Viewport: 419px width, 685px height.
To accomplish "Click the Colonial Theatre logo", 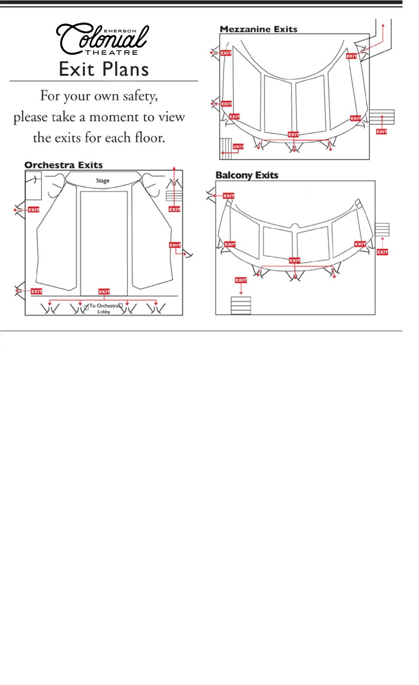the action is tap(104, 40).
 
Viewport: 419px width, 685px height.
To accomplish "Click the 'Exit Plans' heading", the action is tap(104, 69).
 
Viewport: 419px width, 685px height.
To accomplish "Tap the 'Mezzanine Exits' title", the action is tap(259, 29).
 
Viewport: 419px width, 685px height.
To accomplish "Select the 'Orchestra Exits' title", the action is tap(63, 165).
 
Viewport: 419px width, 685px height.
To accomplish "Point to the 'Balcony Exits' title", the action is tap(247, 175).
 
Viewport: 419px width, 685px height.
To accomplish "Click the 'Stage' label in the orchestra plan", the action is tap(103, 181).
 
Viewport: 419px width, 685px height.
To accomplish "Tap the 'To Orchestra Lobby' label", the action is tap(104, 308).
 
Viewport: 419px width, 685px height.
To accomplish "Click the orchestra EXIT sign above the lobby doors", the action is tap(104, 292).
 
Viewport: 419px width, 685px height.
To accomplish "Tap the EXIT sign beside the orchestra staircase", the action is tap(174, 209).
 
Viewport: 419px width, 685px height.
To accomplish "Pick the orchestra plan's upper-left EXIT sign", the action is tap(33, 209).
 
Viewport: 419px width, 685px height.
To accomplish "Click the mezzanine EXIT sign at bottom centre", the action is tap(294, 134).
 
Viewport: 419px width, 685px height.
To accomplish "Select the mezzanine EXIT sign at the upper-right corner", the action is tap(352, 56).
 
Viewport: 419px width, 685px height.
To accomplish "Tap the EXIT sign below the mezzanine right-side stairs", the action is tap(381, 131).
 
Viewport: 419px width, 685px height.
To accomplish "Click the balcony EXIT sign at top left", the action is tap(228, 196).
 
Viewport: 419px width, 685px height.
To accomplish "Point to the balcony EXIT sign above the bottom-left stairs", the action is tap(241, 280).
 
